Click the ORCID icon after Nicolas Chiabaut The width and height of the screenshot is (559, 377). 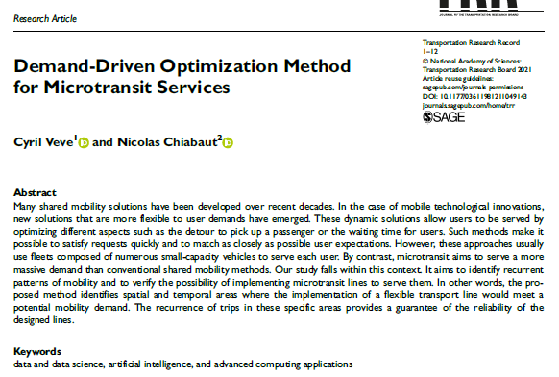point(229,142)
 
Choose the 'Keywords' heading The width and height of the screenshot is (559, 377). point(37,351)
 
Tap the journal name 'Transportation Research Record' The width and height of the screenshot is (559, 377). point(470,45)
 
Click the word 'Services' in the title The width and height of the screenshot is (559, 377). point(196,87)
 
